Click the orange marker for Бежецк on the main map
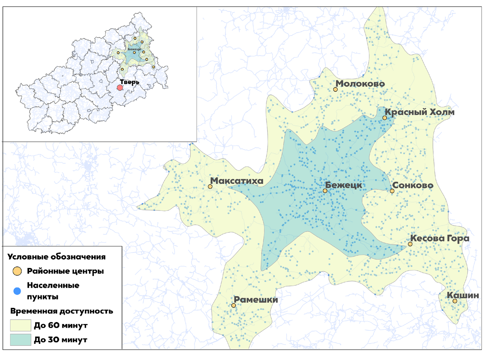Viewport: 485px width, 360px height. [325, 191]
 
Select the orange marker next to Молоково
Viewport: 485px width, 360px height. [335, 89]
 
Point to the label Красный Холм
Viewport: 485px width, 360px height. [419, 112]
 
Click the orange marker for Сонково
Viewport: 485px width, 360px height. [392, 191]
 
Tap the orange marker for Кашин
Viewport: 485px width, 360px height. [455, 301]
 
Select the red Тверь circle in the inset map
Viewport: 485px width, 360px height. [120, 87]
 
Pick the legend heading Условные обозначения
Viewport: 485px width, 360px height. [57, 257]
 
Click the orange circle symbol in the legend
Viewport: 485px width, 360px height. [17, 271]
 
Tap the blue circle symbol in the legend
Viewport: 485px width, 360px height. [17, 291]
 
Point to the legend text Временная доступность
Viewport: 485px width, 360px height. [61, 311]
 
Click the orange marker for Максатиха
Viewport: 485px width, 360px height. [210, 187]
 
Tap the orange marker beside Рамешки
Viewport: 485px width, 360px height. [234, 305]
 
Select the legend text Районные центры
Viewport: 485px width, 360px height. [65, 271]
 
